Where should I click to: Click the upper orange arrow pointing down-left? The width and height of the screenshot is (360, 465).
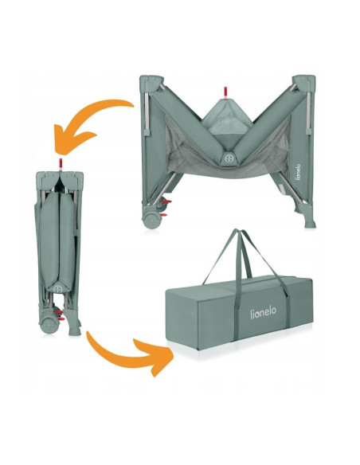coord(86,118)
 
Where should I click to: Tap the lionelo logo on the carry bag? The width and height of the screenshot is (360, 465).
coord(263,313)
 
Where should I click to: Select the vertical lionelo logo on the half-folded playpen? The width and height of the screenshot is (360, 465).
coord(298,172)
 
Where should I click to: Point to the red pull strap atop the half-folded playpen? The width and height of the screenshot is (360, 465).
coord(225,92)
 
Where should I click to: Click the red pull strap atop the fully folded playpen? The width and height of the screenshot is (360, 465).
coord(61,164)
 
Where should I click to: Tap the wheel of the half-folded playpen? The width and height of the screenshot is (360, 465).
coord(152,220)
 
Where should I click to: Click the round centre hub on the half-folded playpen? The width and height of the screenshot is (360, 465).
coord(229,158)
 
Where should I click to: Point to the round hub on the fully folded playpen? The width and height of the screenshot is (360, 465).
coord(58,289)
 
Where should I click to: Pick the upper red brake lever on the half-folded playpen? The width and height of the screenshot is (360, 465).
coord(167,202)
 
